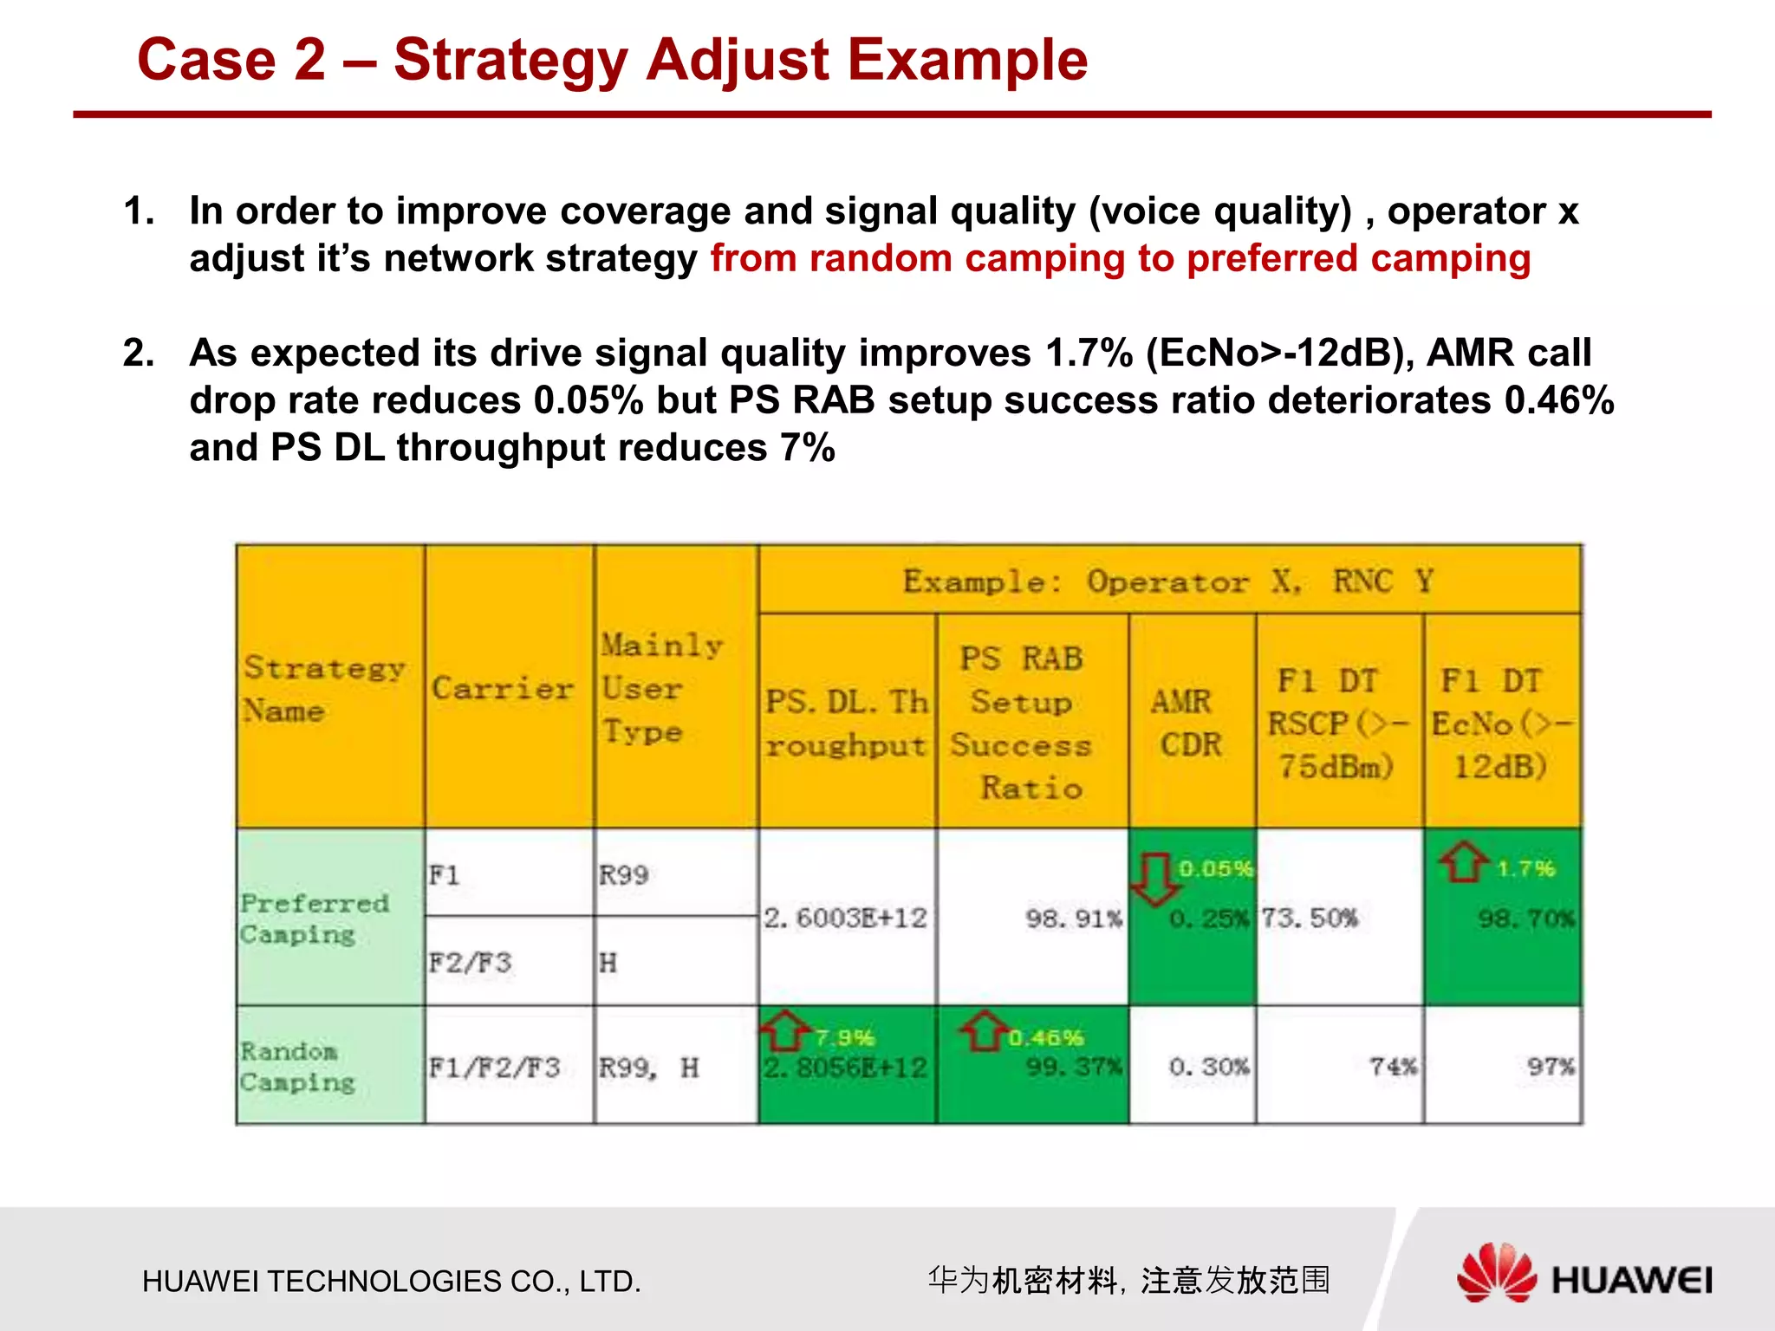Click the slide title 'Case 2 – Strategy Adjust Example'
coord(612,61)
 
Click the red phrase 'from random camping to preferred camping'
coord(1120,259)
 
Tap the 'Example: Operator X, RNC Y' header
coord(1168,581)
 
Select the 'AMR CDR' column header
coord(1190,723)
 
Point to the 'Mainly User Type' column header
coord(663,689)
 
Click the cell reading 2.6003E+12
coord(845,918)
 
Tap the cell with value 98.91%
coord(1073,918)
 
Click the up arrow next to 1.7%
coord(1463,863)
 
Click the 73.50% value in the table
coord(1310,918)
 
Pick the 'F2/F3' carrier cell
coord(471,963)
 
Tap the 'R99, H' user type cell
coord(648,1068)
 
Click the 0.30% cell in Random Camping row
coord(1208,1067)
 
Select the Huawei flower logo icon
coord(1496,1273)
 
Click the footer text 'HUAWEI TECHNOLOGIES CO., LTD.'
coord(392,1282)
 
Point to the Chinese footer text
coord(1128,1280)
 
